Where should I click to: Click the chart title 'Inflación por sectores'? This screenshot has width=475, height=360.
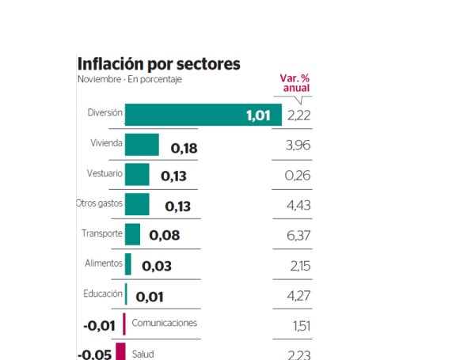[x=158, y=63]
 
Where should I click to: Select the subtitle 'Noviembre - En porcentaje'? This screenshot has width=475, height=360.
[x=130, y=80]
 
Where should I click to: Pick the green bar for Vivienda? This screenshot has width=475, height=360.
[x=142, y=145]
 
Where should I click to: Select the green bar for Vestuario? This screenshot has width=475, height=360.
[x=137, y=175]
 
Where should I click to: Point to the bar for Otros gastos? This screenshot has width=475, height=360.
[x=137, y=204]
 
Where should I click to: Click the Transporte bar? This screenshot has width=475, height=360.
[x=132, y=234]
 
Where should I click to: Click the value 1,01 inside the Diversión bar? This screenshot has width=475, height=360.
[x=258, y=116]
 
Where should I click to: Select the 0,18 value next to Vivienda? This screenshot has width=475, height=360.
[x=184, y=147]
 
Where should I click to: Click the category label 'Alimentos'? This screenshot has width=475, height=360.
[x=103, y=263]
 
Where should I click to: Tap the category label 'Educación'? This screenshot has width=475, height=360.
[x=102, y=294]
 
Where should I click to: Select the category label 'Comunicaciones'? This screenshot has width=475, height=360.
[x=164, y=323]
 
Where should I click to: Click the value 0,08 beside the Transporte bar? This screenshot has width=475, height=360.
[x=164, y=235]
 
